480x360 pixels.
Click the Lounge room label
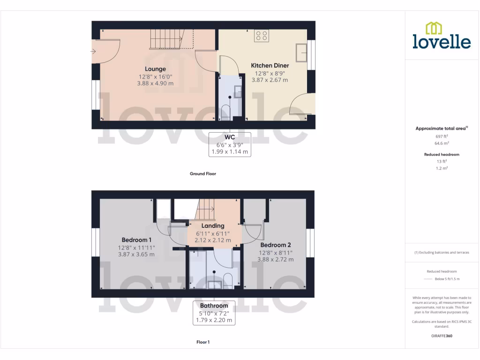[x=155, y=69]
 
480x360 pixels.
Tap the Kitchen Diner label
[x=270, y=66]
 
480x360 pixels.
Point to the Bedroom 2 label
[x=276, y=245]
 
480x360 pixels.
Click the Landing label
[x=213, y=226]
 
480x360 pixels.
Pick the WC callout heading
[x=230, y=137]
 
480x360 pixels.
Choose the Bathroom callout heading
[x=214, y=306]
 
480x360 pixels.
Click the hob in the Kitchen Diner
[x=261, y=36]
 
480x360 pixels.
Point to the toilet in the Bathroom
[x=227, y=278]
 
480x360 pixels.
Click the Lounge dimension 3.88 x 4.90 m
[x=155, y=83]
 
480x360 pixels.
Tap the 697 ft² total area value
[x=442, y=136]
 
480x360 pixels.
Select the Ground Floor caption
[x=202, y=174]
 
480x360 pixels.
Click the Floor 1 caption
[x=202, y=342]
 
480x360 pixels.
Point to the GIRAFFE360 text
[x=442, y=336]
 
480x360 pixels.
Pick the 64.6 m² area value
[x=442, y=143]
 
